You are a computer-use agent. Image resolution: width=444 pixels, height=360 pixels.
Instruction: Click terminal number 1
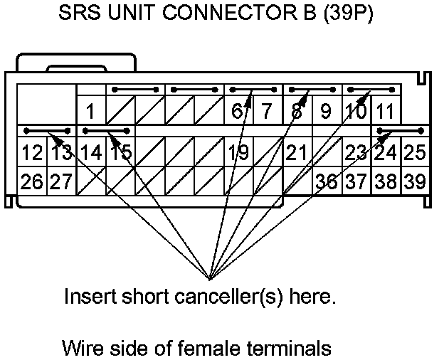(90, 112)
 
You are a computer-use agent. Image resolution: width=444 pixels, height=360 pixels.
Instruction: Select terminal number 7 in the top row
(267, 112)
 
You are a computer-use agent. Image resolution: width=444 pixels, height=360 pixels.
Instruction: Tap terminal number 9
(326, 112)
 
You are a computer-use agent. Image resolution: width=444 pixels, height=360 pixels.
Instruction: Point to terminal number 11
(385, 112)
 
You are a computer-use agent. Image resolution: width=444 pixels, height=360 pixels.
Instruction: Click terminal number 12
(31, 152)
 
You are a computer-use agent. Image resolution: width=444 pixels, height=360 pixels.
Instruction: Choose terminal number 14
(90, 152)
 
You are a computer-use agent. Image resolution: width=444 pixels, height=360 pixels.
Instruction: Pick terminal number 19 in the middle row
(238, 152)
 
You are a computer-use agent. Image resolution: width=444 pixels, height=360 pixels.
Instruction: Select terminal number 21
(297, 152)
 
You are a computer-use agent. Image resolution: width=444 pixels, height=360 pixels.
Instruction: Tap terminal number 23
(355, 152)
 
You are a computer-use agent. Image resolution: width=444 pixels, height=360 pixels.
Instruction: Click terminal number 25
(414, 152)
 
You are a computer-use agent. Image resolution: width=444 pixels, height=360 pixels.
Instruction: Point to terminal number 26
(31, 181)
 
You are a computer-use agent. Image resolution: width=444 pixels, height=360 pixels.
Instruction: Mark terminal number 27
(60, 181)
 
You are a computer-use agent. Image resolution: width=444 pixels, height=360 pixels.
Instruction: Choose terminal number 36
(326, 181)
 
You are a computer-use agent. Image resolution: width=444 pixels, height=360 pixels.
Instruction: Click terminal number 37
(355, 181)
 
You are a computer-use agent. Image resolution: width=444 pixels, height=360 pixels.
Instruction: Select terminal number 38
(385, 181)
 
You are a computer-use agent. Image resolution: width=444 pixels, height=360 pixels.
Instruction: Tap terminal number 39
(414, 181)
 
